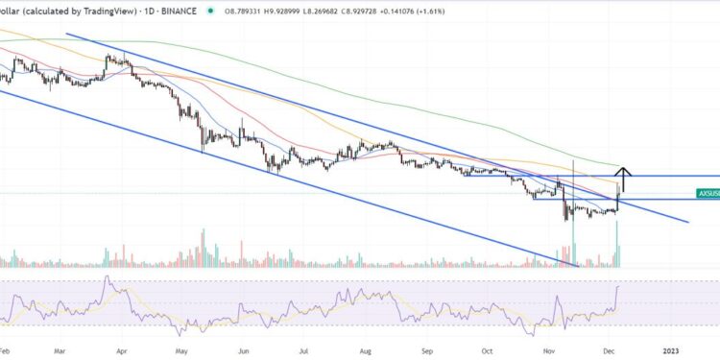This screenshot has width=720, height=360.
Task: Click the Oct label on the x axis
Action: point(487,350)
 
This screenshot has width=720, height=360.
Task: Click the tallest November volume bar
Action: point(573,240)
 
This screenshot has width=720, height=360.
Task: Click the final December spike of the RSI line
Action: point(618,285)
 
